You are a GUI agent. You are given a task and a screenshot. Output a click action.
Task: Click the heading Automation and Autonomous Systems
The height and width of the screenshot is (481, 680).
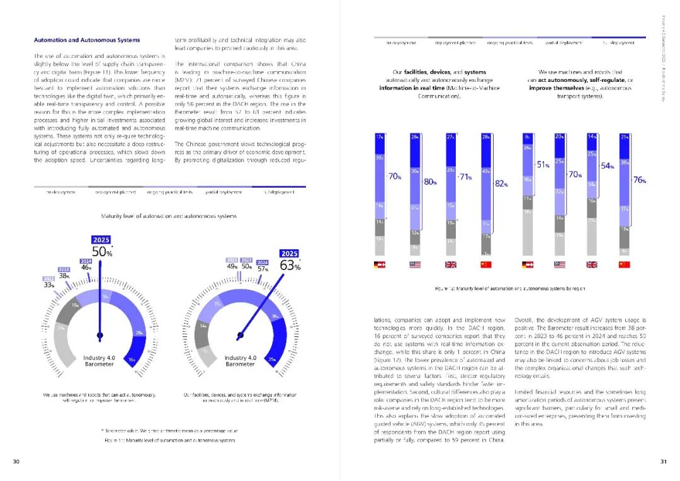[87, 40]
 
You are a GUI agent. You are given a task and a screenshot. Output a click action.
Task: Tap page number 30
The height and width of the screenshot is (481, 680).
[16, 461]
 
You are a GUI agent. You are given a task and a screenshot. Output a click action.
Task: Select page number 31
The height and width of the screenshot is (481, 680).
[663, 461]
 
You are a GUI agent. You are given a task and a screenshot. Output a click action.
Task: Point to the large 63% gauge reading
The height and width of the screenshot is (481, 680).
[290, 266]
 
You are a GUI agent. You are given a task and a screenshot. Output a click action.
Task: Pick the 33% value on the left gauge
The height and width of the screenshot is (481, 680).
[48, 285]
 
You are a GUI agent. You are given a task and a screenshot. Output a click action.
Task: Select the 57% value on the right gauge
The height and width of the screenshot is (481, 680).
[263, 269]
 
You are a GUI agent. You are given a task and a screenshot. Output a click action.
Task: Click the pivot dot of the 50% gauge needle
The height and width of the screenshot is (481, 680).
[99, 334]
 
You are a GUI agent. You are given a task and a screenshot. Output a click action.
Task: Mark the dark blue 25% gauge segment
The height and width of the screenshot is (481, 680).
[272, 359]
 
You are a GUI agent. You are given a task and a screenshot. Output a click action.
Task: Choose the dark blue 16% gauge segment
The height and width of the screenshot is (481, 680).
[132, 359]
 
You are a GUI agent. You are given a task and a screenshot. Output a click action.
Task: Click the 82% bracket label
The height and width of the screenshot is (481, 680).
[501, 184]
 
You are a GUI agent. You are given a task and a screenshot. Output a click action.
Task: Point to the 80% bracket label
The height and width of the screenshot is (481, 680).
[431, 182]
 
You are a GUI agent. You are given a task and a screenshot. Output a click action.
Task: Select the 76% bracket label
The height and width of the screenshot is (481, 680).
[640, 180]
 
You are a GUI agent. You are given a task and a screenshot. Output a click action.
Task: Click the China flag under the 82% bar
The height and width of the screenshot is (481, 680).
[485, 265]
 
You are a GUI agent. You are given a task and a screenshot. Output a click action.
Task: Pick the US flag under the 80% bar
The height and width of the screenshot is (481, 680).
[414, 265]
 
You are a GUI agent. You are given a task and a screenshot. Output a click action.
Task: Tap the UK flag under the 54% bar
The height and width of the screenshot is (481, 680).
[591, 265]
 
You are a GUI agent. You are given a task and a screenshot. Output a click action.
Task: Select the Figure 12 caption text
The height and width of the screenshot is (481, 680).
[511, 288]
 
